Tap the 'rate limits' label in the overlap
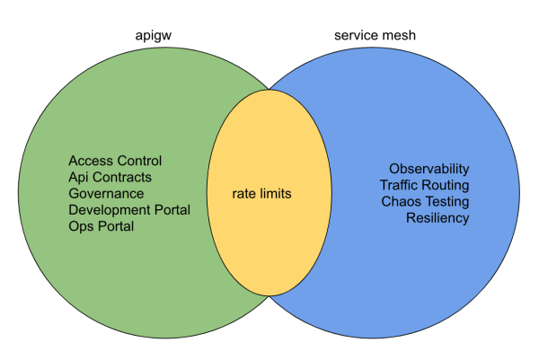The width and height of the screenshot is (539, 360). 250,193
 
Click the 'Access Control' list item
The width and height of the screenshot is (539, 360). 115,162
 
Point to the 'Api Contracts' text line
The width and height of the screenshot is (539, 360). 110,178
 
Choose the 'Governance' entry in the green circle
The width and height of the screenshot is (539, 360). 106,194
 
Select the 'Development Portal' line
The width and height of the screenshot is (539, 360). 129,210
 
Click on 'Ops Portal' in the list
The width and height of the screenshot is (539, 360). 101,226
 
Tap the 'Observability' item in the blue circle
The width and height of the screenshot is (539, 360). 429,169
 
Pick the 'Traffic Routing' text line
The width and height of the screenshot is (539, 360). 424,185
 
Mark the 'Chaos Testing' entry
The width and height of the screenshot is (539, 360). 425,201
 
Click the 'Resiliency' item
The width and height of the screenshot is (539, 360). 437,217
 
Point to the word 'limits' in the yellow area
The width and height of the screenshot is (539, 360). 272,193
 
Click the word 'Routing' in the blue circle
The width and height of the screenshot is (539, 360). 446,185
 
